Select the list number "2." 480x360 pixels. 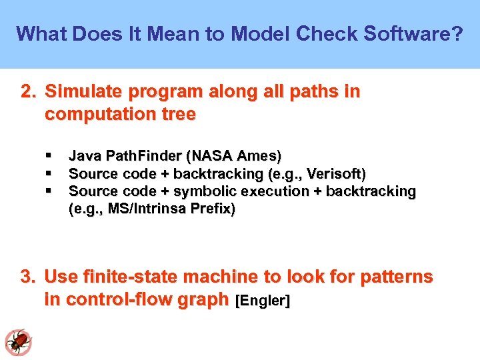[29, 92]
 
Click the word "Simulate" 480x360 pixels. [81, 92]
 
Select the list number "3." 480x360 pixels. [29, 277]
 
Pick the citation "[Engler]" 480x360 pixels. [263, 301]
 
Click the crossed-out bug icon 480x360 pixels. [18, 341]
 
